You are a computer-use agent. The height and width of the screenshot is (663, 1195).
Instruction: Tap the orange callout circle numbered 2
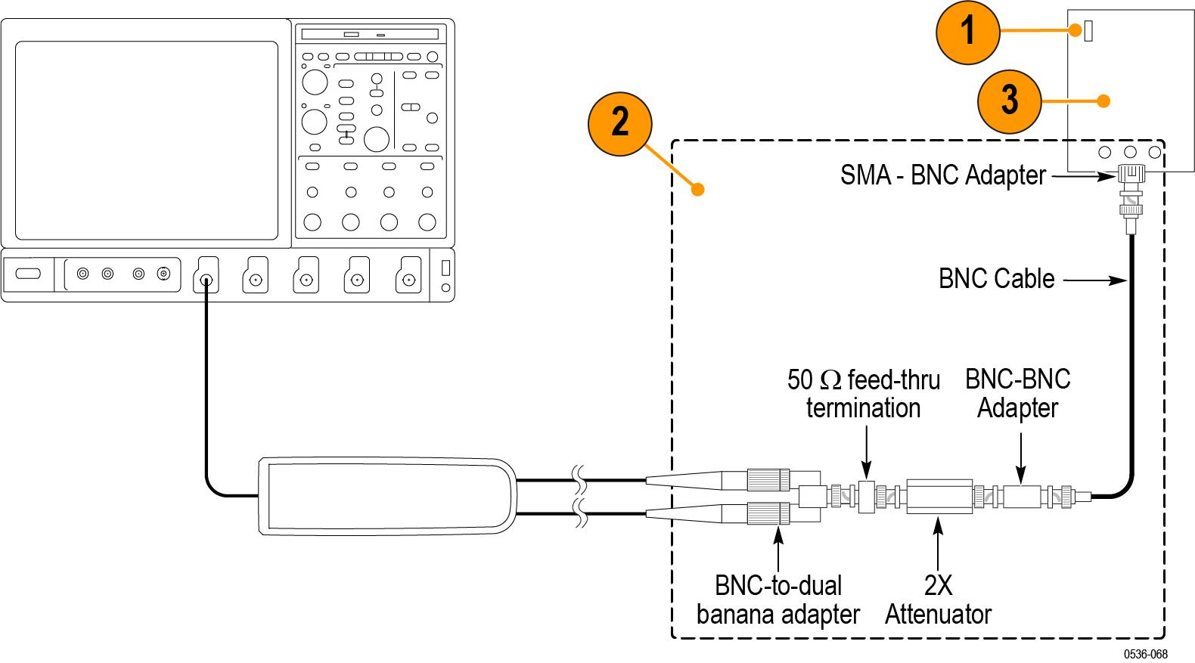tap(620, 121)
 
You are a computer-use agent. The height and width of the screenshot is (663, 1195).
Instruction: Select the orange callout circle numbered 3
tap(1009, 101)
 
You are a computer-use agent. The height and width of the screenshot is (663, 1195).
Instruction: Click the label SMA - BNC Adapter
tap(942, 175)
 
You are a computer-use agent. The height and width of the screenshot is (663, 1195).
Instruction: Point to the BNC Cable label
tap(996, 279)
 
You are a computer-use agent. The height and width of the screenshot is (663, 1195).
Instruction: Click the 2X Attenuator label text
tap(938, 599)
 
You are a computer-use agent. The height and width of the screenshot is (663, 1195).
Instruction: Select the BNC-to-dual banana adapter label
tap(778, 599)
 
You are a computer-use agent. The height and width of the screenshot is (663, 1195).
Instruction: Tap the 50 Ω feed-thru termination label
tap(863, 393)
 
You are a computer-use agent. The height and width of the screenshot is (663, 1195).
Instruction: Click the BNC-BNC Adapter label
tap(1017, 393)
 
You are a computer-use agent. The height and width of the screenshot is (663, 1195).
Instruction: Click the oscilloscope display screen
tap(147, 140)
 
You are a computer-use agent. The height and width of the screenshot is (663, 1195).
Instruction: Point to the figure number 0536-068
tap(1145, 654)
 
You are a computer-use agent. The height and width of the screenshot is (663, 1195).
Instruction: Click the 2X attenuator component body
tap(939, 496)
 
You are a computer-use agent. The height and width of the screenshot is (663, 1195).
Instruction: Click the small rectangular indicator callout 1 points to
tap(1088, 32)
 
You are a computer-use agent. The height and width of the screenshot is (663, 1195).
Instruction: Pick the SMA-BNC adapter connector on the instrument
tap(1130, 175)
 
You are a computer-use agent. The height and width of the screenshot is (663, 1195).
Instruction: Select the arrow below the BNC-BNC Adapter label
tap(1021, 457)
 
